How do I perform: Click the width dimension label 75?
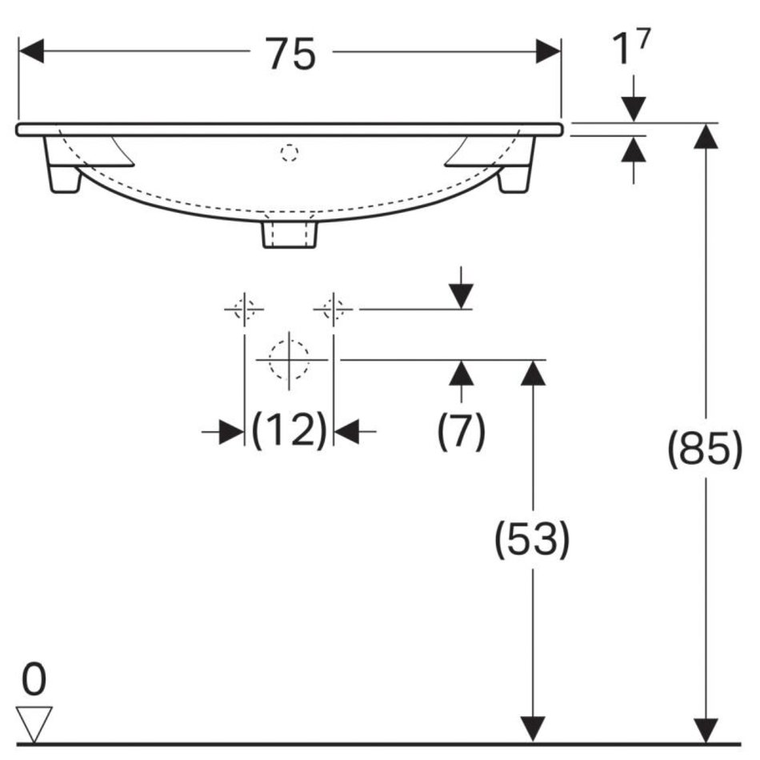click(x=291, y=54)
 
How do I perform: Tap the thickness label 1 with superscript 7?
click(x=630, y=46)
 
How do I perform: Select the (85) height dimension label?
click(x=705, y=448)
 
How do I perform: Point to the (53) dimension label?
click(x=532, y=539)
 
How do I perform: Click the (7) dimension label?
click(x=461, y=430)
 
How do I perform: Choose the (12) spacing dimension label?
click(x=290, y=430)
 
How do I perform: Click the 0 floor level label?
click(x=34, y=679)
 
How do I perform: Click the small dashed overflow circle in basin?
click(x=289, y=153)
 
